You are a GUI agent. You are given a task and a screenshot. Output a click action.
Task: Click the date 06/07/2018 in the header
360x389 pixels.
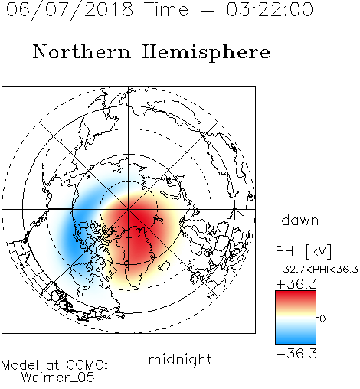click(x=70, y=10)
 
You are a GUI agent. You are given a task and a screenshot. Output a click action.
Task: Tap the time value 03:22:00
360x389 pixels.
click(x=270, y=9)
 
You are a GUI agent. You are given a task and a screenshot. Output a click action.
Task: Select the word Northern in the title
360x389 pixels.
click(x=82, y=51)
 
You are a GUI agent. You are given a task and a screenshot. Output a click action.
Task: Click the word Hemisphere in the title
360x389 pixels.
click(x=206, y=53)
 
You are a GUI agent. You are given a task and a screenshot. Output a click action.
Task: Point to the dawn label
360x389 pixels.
click(x=300, y=220)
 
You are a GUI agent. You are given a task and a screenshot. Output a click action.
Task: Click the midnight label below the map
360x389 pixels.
click(x=180, y=361)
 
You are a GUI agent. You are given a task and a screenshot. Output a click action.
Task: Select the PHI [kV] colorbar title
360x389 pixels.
click(x=303, y=251)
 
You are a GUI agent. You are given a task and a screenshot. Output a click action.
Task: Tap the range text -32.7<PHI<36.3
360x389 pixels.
click(x=317, y=270)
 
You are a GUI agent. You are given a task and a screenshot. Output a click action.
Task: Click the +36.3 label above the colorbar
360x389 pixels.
click(x=296, y=284)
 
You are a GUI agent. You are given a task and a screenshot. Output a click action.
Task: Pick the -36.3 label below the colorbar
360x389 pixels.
click(x=296, y=354)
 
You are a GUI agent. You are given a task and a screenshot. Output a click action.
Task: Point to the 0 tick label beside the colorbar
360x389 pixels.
click(x=322, y=319)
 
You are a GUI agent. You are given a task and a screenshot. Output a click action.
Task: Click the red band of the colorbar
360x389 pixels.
click(x=296, y=296)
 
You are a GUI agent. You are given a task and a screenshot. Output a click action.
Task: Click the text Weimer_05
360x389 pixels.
click(x=58, y=378)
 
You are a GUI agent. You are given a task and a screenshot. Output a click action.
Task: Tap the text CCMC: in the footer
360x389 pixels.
click(x=87, y=365)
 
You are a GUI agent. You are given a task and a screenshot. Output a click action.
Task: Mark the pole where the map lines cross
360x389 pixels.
click(x=129, y=209)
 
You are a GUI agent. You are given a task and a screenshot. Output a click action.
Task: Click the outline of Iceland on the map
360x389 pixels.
click(x=165, y=266)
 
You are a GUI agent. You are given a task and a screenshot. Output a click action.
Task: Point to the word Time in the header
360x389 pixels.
click(x=166, y=9)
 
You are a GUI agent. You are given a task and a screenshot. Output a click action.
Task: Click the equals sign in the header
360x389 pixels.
click(x=208, y=10)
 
